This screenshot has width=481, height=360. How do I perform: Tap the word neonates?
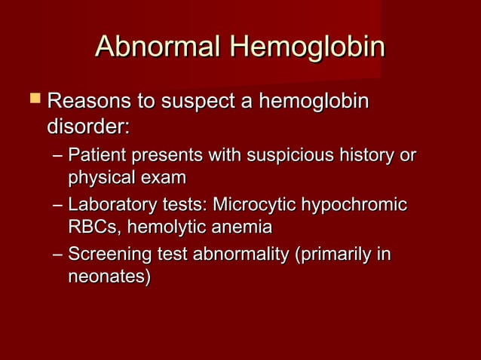coord(109,277)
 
